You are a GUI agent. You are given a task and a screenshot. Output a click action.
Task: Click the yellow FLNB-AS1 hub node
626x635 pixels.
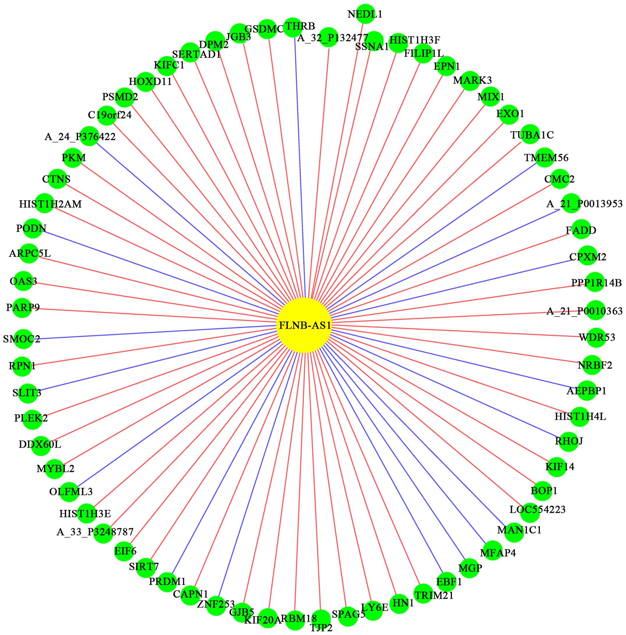point(303,325)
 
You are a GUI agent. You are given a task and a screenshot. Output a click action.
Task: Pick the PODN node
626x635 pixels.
point(33,228)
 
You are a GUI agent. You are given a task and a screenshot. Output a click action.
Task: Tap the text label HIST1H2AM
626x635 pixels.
point(50,204)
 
